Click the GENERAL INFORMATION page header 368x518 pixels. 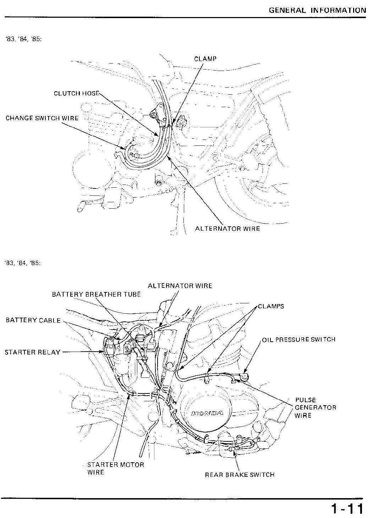pyautogui.click(x=317, y=10)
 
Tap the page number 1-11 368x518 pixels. pyautogui.click(x=347, y=508)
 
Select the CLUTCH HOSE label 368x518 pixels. pyautogui.click(x=76, y=93)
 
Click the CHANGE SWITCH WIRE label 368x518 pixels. pyautogui.click(x=42, y=118)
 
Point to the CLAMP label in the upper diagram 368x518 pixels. pyautogui.click(x=205, y=59)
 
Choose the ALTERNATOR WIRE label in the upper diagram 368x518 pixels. pyautogui.click(x=227, y=229)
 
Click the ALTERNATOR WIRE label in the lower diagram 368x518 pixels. pyautogui.click(x=180, y=286)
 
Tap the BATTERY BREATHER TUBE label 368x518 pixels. pyautogui.click(x=96, y=294)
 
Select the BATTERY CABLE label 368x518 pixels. pyautogui.click(x=33, y=320)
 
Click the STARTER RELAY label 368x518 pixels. pyautogui.click(x=32, y=352)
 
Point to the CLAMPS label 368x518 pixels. pyautogui.click(x=271, y=307)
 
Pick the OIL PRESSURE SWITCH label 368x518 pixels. pyautogui.click(x=298, y=340)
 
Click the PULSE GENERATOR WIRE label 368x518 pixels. pyautogui.click(x=315, y=408)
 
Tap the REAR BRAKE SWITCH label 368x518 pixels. pyautogui.click(x=240, y=475)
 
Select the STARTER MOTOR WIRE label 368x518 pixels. pyautogui.click(x=116, y=468)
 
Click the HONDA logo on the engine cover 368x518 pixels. pyautogui.click(x=207, y=413)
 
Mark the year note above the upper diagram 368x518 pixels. pyautogui.click(x=23, y=39)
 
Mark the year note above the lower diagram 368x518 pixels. pyautogui.click(x=23, y=263)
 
